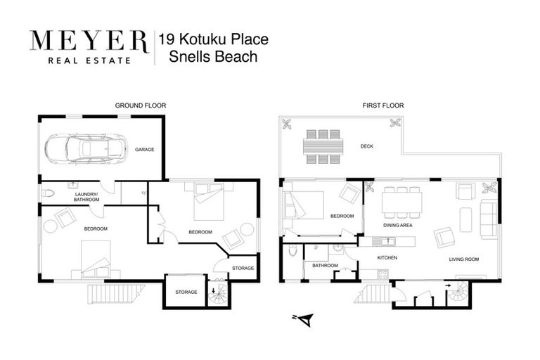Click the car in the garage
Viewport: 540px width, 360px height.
[x=84, y=148]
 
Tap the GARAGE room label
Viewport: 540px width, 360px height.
[x=144, y=149]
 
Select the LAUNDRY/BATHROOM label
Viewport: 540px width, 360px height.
[x=86, y=197]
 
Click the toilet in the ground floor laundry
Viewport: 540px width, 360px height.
[x=48, y=193]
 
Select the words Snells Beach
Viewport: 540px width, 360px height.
[x=213, y=57]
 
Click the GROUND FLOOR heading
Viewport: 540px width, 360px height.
[x=141, y=105]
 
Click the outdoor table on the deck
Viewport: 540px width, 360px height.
[x=323, y=146]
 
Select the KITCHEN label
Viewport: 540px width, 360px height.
[x=387, y=258]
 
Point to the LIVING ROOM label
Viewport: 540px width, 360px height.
[x=464, y=259]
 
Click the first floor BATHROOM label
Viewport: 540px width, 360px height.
[x=326, y=265]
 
